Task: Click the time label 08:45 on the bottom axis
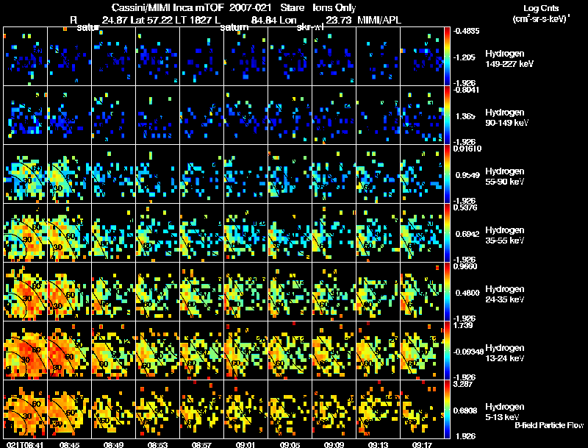coord(69,444)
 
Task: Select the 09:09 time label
coord(334,444)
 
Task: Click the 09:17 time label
coord(422,444)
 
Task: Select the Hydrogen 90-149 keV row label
coord(506,118)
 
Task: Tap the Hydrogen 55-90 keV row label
coord(506,177)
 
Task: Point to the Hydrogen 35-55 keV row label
coord(506,235)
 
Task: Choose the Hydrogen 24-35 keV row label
coord(506,294)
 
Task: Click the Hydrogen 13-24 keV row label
coord(506,353)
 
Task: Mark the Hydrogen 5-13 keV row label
coord(504,412)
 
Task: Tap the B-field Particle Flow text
coord(549,425)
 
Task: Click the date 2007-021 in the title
coord(249,7)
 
